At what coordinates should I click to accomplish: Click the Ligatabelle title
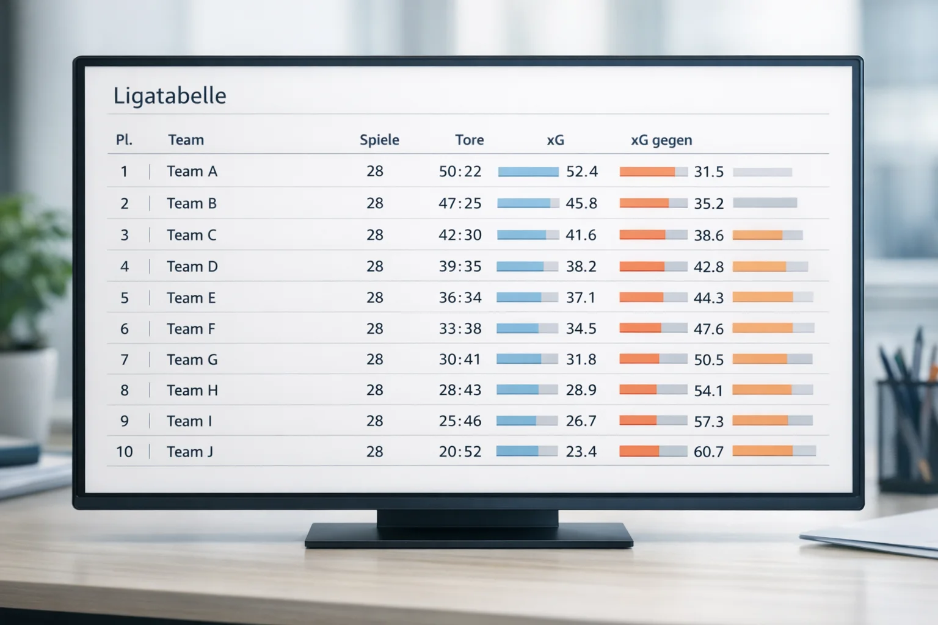tap(170, 96)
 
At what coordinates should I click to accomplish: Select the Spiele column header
tap(379, 140)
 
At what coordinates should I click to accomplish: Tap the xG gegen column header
tap(661, 140)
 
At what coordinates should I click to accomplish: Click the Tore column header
tap(469, 140)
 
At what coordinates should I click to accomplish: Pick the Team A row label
tap(192, 172)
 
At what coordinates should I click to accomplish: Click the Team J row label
tap(190, 452)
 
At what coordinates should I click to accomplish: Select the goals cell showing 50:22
tap(460, 172)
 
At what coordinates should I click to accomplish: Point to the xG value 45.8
tap(581, 203)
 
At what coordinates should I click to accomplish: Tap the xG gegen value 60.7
tap(708, 452)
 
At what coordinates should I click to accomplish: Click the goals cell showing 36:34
tap(460, 298)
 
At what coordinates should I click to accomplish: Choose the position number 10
tap(124, 452)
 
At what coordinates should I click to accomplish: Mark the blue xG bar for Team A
tap(528, 172)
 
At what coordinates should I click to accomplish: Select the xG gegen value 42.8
tap(708, 267)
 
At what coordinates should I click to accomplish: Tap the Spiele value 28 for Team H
tap(374, 390)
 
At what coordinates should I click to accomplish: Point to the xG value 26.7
tap(581, 421)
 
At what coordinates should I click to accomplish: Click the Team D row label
tap(192, 267)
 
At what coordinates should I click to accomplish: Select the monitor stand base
tap(468, 535)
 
